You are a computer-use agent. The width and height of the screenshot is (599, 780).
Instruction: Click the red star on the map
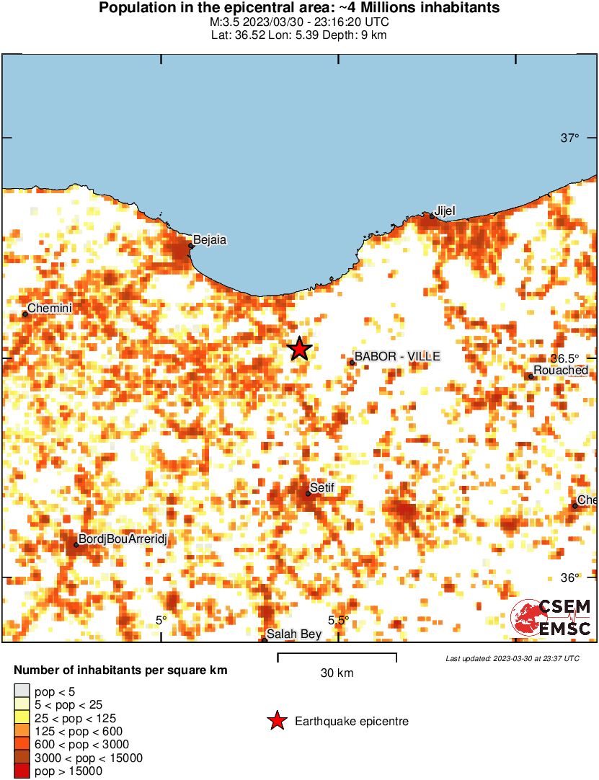(299, 349)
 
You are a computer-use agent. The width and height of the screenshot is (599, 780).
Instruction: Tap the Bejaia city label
(209, 239)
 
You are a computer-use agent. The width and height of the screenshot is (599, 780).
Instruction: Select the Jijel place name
(445, 210)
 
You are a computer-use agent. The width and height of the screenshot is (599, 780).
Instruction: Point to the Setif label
(322, 488)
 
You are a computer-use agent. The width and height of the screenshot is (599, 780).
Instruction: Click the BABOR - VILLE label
(396, 356)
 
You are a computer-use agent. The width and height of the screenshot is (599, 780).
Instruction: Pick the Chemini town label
(50, 308)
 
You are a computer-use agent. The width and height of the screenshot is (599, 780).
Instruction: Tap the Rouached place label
(561, 371)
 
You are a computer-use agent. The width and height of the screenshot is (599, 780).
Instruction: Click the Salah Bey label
(293, 635)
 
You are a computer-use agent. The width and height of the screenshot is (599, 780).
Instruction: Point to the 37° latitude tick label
(570, 138)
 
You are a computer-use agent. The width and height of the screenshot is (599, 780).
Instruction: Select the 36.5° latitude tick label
(566, 358)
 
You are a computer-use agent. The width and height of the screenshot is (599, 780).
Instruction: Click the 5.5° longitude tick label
(339, 620)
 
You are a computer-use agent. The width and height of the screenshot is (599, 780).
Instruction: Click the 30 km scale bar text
(337, 673)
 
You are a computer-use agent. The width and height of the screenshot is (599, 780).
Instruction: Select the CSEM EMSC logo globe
(525, 619)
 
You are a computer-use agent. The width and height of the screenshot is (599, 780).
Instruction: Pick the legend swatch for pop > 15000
(22, 771)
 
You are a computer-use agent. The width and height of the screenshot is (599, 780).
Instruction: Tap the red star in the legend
(277, 721)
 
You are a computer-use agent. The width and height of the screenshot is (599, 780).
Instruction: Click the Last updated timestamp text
(512, 658)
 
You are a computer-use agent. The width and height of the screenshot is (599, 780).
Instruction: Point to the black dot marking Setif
(308, 493)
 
